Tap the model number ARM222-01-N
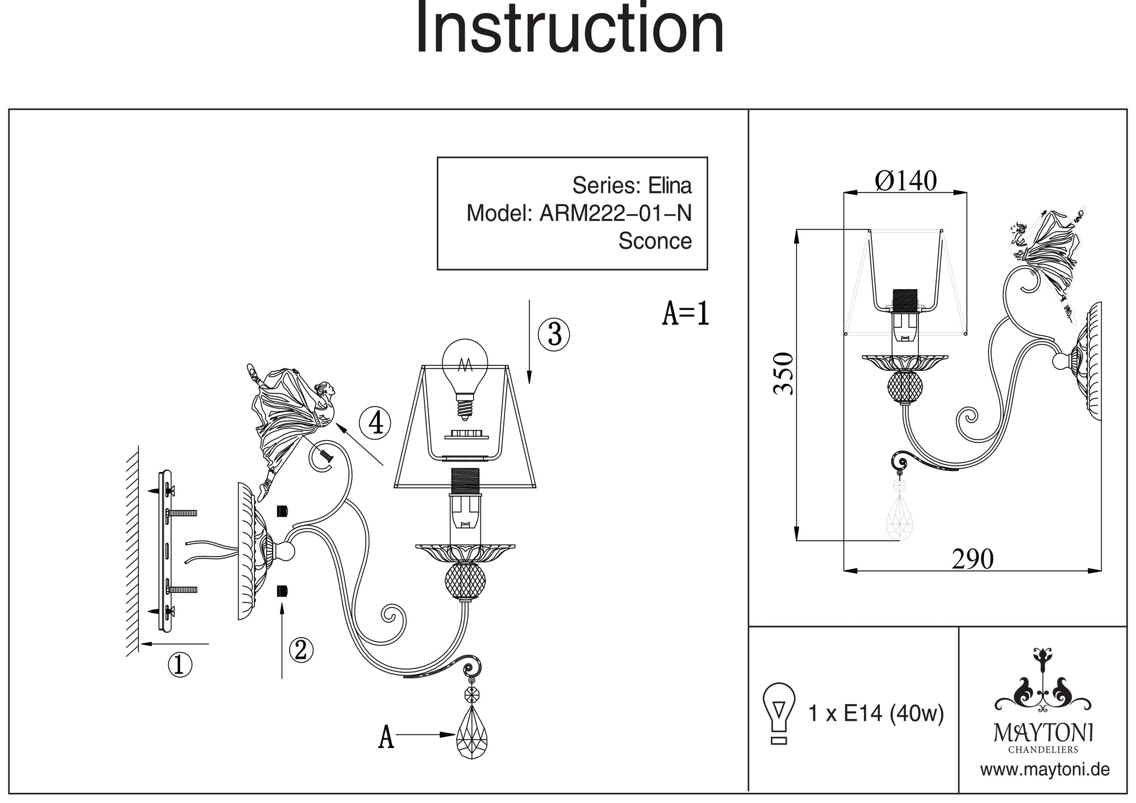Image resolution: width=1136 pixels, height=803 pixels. click(615, 214)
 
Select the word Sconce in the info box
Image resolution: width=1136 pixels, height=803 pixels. click(655, 241)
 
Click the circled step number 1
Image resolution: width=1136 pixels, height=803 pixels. click(180, 664)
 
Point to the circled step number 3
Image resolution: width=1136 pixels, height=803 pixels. click(554, 334)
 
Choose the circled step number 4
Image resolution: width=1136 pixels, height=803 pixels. click(375, 423)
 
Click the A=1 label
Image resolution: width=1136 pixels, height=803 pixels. click(686, 313)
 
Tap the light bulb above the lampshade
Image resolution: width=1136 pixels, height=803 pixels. click(465, 375)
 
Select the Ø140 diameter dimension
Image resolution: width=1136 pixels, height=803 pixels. click(905, 181)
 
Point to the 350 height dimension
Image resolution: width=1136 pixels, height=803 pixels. click(784, 373)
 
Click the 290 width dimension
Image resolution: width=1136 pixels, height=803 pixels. click(972, 559)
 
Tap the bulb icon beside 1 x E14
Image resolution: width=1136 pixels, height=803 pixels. click(779, 713)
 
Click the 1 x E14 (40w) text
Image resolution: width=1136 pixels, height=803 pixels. click(876, 713)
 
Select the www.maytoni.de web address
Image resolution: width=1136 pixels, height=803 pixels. click(1045, 770)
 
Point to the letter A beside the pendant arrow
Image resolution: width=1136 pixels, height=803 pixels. click(386, 737)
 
